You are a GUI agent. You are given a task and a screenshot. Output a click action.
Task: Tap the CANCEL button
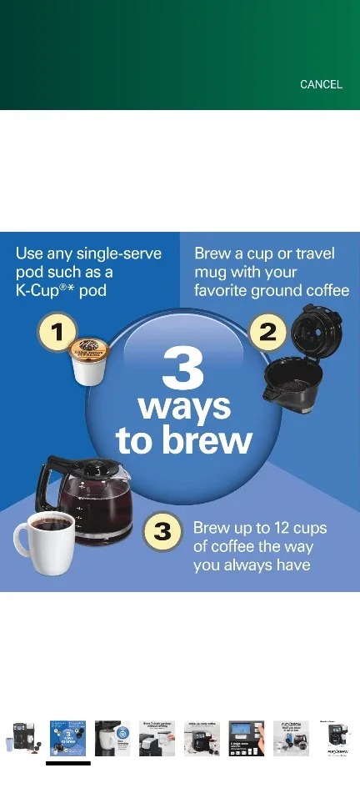coord(321,84)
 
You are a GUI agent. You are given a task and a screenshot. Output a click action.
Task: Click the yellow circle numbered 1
coord(57,334)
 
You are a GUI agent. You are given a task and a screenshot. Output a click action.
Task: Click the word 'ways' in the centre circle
coord(183,408)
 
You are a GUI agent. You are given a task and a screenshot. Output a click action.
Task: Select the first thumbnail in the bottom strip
coord(23,738)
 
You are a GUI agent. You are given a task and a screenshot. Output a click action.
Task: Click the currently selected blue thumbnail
coord(67,738)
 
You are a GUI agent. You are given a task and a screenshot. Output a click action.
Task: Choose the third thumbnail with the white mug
coord(112,738)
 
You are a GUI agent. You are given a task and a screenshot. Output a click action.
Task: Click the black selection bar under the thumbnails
coord(67,763)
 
